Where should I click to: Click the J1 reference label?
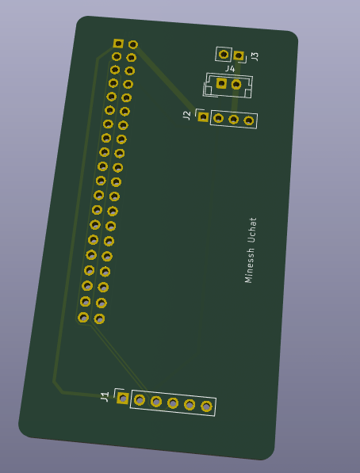point(105,397)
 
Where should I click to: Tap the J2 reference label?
point(187,115)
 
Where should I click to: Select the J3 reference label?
point(255,56)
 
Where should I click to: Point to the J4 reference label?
point(230,69)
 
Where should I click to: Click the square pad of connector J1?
point(123,399)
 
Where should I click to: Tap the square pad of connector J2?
point(203,116)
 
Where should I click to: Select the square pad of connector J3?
point(239,55)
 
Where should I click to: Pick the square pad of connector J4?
point(221,83)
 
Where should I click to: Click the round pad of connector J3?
point(224,55)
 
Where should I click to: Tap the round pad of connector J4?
point(236,85)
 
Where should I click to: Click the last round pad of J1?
point(206,406)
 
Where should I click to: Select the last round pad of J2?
point(248,120)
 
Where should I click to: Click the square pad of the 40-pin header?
point(118,44)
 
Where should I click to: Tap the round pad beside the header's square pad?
point(133,44)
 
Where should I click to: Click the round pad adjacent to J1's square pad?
point(140,400)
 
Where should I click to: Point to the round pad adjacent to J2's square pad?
point(218,118)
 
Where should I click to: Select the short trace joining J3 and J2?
point(236,87)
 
